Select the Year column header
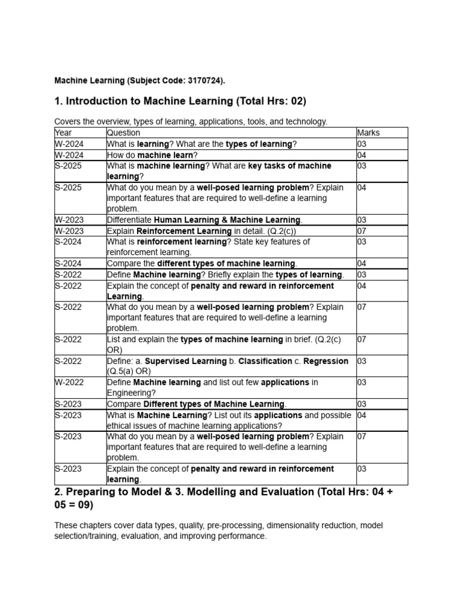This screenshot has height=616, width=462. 63,132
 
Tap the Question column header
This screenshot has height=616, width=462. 123,132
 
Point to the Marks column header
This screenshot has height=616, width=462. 368,132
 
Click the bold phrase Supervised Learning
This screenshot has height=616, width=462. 183,361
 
